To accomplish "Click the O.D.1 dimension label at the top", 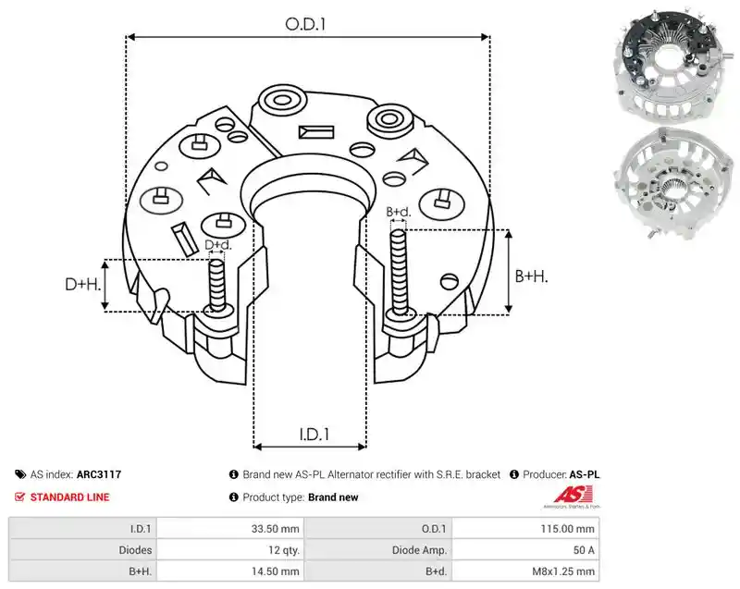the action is [x=305, y=24].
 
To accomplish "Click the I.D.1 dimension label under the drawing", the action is [x=314, y=435].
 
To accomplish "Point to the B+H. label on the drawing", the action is [x=531, y=276].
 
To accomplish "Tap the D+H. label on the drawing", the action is [x=83, y=285].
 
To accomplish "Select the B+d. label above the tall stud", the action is [x=399, y=213].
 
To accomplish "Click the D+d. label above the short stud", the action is [x=218, y=245].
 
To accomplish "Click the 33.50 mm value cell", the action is [x=275, y=529].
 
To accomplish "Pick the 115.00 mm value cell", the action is [x=567, y=529].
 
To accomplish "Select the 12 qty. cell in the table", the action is [x=284, y=550].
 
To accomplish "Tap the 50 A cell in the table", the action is [x=584, y=550].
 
